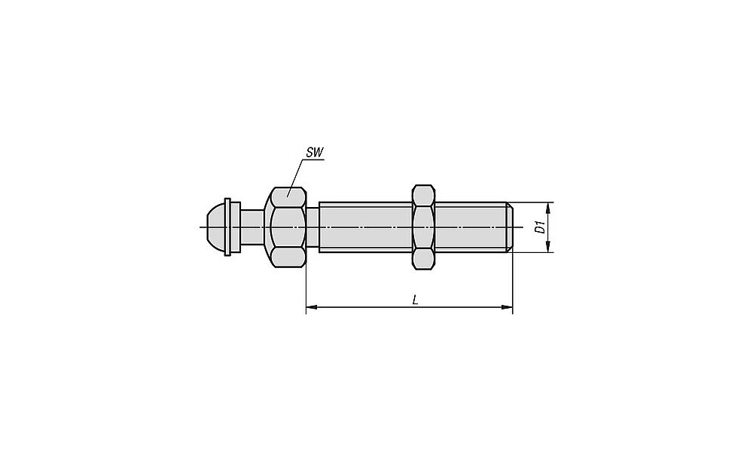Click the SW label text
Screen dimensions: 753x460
(315, 153)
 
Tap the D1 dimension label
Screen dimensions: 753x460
(540, 227)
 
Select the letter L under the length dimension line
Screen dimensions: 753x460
(416, 300)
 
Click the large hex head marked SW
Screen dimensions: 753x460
(287, 227)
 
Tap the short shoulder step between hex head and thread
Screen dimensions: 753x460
(312, 227)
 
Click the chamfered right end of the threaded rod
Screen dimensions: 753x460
(511, 227)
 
